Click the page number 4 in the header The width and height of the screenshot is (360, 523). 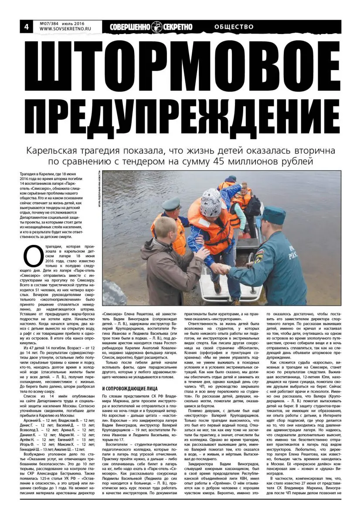point(27,27)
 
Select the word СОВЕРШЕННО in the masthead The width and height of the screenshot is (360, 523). point(128,27)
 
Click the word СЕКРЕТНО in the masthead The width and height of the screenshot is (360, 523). point(177,27)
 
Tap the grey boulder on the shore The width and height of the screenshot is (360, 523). point(115,292)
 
